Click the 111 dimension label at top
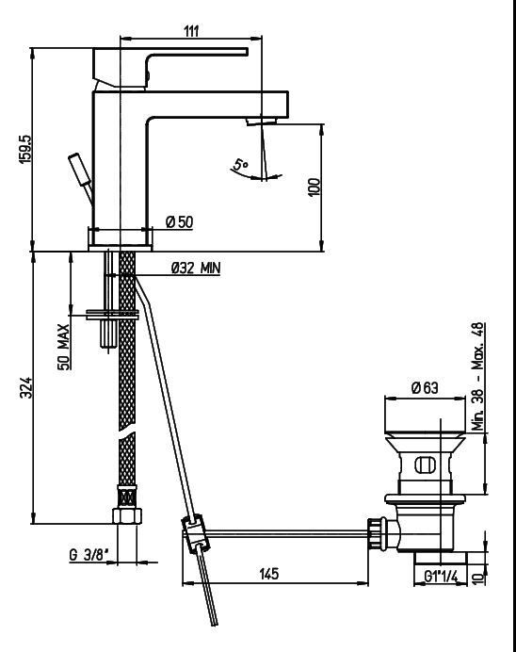pyautogui.click(x=191, y=31)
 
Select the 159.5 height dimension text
pyautogui.click(x=25, y=149)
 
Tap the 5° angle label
pyautogui.click(x=240, y=164)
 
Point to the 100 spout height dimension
pyautogui.click(x=314, y=187)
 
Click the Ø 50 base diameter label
pyautogui.click(x=180, y=222)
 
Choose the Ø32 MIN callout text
pyautogui.click(x=196, y=268)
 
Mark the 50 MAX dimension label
pyautogui.click(x=63, y=347)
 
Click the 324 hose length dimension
pyautogui.click(x=25, y=387)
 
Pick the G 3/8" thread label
pyautogui.click(x=89, y=554)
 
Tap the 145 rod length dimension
pyautogui.click(x=269, y=574)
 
